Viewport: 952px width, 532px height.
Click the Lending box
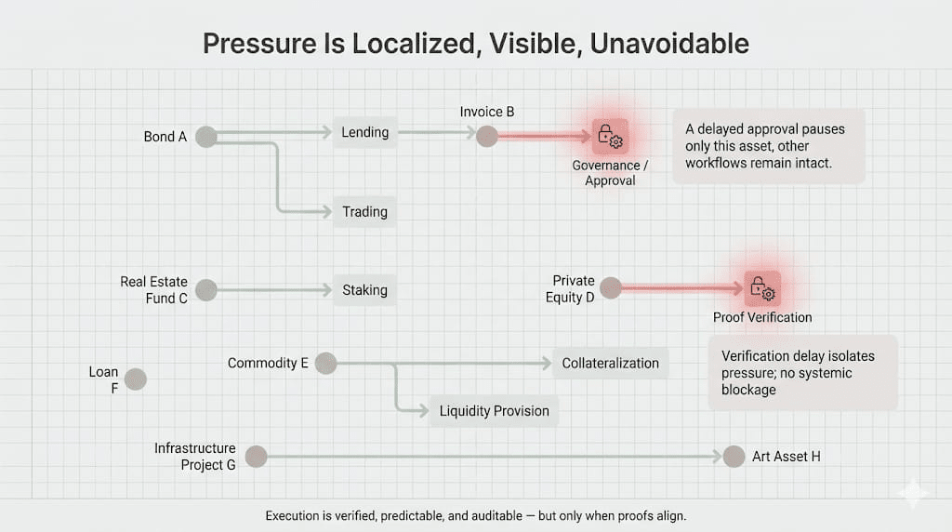coord(365,132)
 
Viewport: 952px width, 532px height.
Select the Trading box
coord(365,212)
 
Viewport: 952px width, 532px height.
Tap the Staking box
coord(365,290)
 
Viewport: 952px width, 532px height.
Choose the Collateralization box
coord(610,364)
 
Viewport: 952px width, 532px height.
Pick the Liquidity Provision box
coord(495,411)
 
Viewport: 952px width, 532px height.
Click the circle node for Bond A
coord(206,137)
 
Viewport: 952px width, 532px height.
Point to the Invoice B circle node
coord(487,137)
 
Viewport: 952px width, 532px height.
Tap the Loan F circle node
coord(136,379)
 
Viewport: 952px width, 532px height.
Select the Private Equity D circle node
coord(610,288)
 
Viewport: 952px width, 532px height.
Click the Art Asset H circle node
coord(734,457)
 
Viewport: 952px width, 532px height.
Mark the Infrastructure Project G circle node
coord(256,457)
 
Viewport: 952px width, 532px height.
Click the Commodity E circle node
coord(325,364)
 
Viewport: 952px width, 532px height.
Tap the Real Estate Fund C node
coord(206,290)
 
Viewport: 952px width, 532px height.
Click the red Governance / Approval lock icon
coord(611,137)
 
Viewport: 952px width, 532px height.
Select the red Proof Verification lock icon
coord(762,289)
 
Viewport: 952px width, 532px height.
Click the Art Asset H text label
coord(787,457)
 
